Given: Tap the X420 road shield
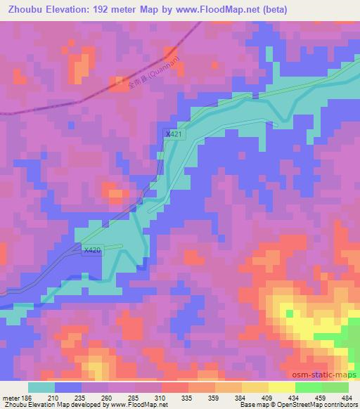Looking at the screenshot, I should [92, 249].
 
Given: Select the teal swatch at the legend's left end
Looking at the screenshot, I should [41, 387].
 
